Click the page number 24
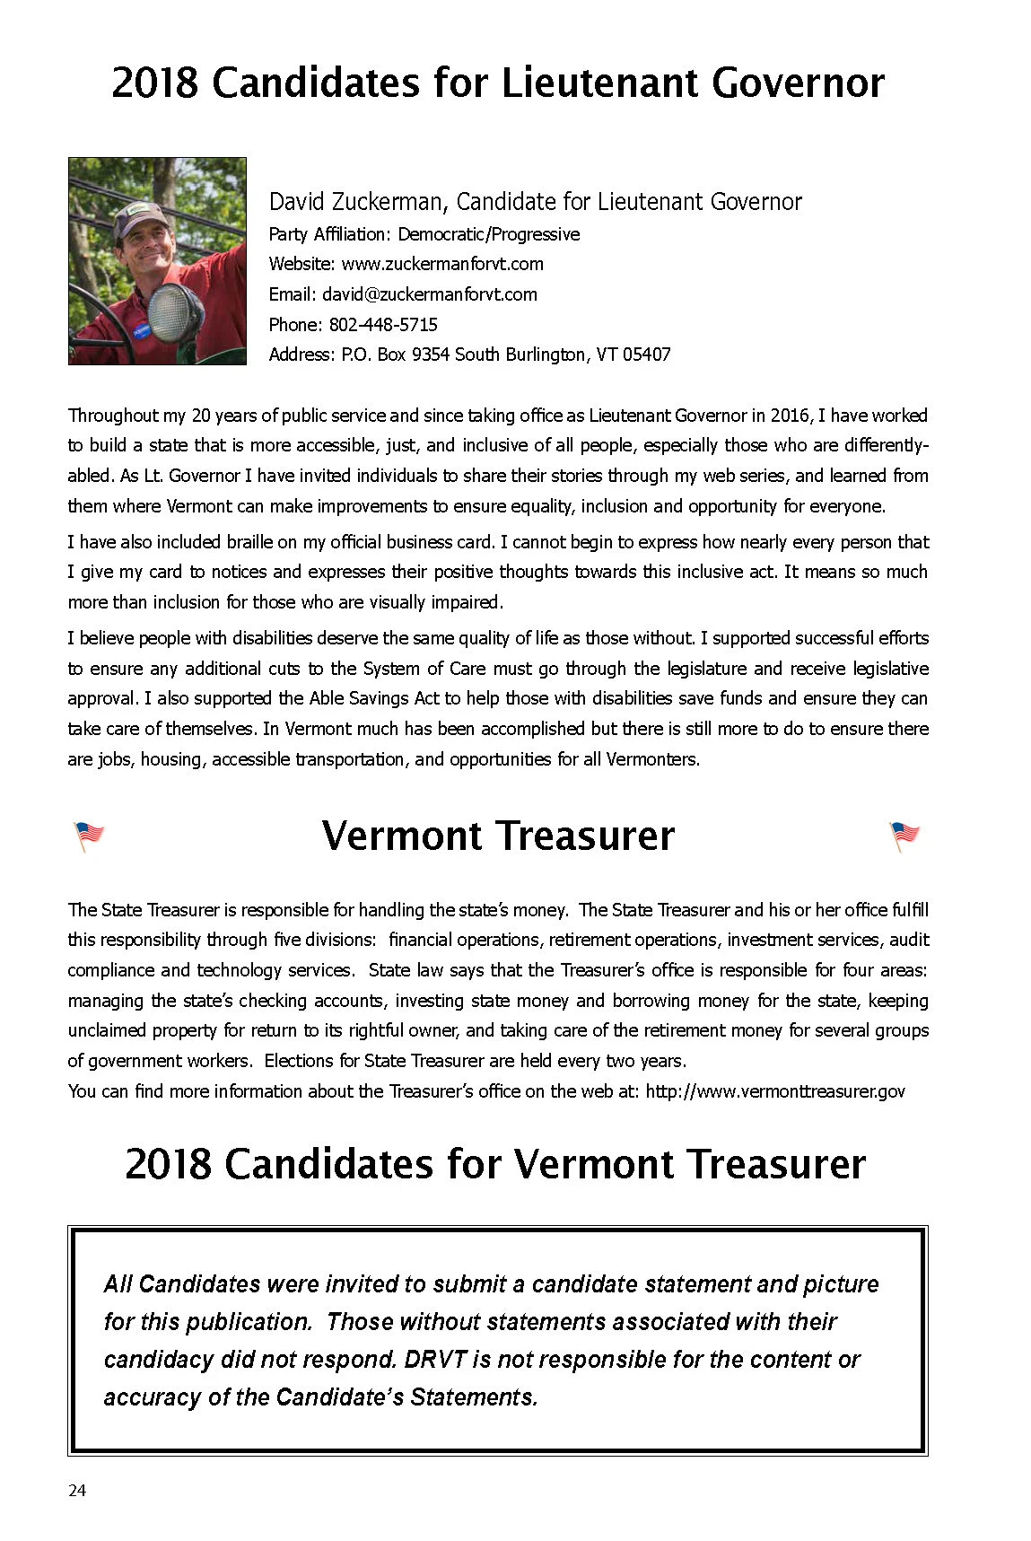coord(77,1491)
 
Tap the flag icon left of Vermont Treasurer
coord(88,836)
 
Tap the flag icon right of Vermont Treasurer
coord(904,836)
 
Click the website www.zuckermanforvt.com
coord(441,264)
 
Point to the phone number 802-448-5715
coord(383,325)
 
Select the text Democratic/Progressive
coord(488,234)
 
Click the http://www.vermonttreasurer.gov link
coord(774,1091)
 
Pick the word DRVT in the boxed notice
coord(435,1360)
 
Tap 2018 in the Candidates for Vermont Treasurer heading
coord(168,1164)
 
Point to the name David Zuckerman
coord(356,202)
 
